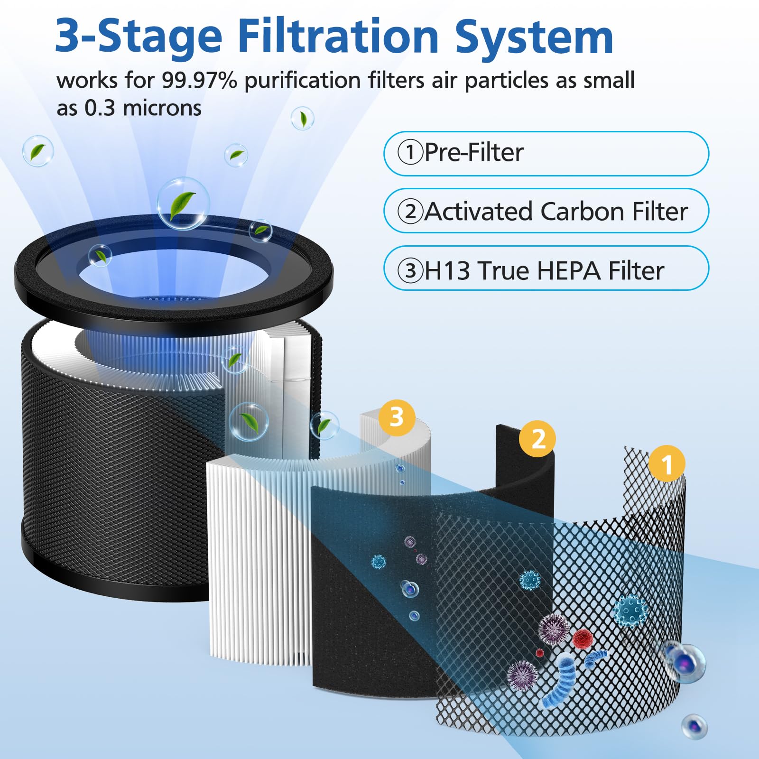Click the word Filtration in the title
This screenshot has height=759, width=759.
click(338, 37)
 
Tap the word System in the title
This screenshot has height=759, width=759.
click(534, 37)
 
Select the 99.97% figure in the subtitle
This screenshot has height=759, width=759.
click(199, 81)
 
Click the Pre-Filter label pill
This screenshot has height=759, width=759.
click(546, 153)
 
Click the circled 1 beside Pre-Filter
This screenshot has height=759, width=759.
click(410, 153)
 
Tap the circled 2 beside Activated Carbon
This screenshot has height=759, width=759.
click(410, 212)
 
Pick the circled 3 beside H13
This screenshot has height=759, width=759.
click(410, 271)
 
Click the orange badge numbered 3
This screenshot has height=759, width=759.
click(397, 418)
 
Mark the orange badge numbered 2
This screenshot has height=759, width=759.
click(537, 439)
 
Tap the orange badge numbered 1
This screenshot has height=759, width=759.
click(666, 463)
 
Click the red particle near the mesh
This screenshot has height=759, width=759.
click(582, 638)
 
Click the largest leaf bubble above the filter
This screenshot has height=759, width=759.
click(183, 204)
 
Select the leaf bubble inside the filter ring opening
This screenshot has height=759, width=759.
click(100, 256)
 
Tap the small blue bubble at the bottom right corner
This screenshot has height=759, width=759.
click(694, 726)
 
